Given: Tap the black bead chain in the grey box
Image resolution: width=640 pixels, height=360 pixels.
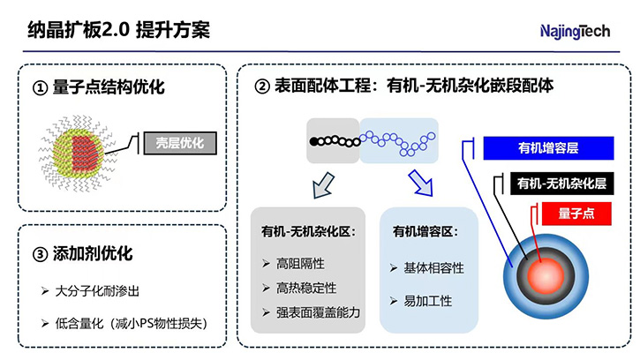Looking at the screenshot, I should tap(333, 140).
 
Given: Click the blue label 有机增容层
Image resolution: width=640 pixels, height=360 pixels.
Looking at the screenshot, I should tap(548, 148).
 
